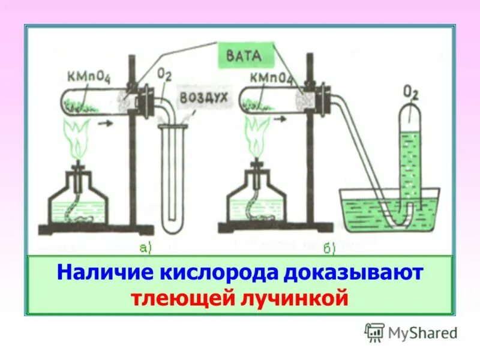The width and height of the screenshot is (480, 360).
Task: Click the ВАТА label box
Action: [x=245, y=56]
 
